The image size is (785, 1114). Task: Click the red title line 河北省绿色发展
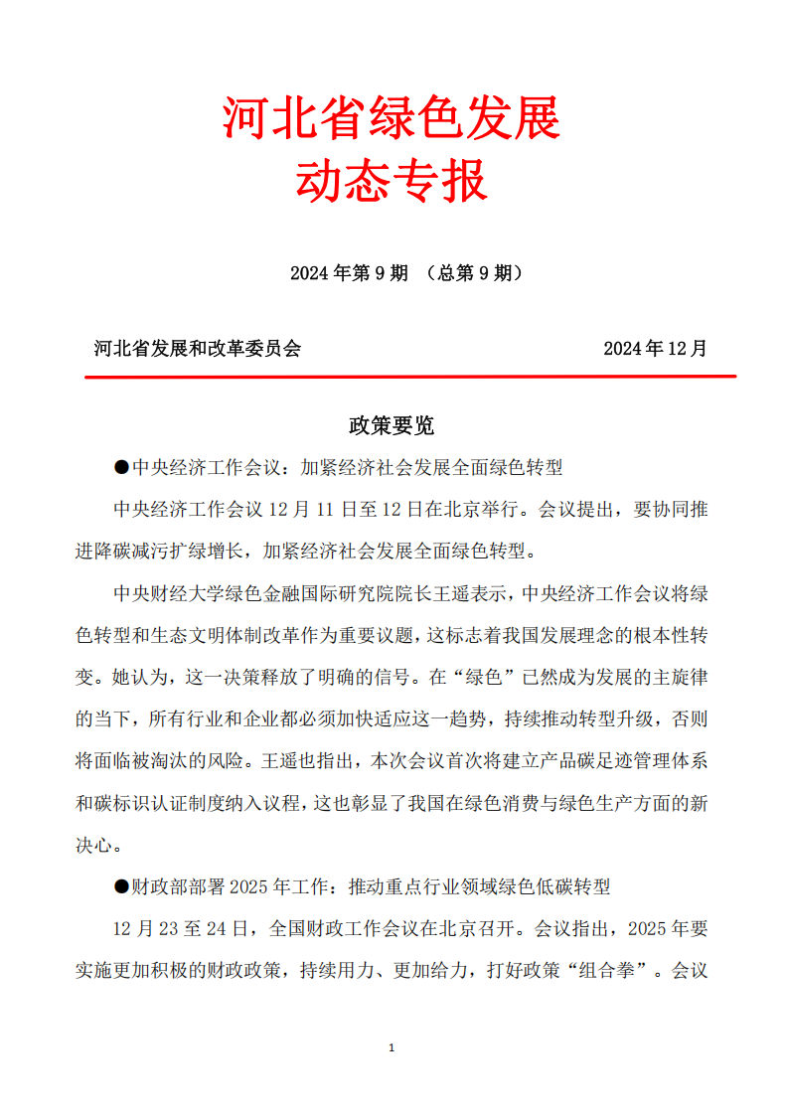point(392,119)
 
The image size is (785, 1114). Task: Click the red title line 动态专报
point(392,182)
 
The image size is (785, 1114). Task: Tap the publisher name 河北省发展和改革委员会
point(197,349)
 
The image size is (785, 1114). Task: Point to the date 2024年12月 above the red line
point(655,349)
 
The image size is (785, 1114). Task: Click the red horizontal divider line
point(409,377)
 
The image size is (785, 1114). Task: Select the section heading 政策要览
point(392,426)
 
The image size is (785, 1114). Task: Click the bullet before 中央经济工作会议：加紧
point(122,467)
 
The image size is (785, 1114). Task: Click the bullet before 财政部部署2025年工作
point(122,886)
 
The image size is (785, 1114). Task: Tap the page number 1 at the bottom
point(392,1048)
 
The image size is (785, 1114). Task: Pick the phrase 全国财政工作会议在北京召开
point(395,929)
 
